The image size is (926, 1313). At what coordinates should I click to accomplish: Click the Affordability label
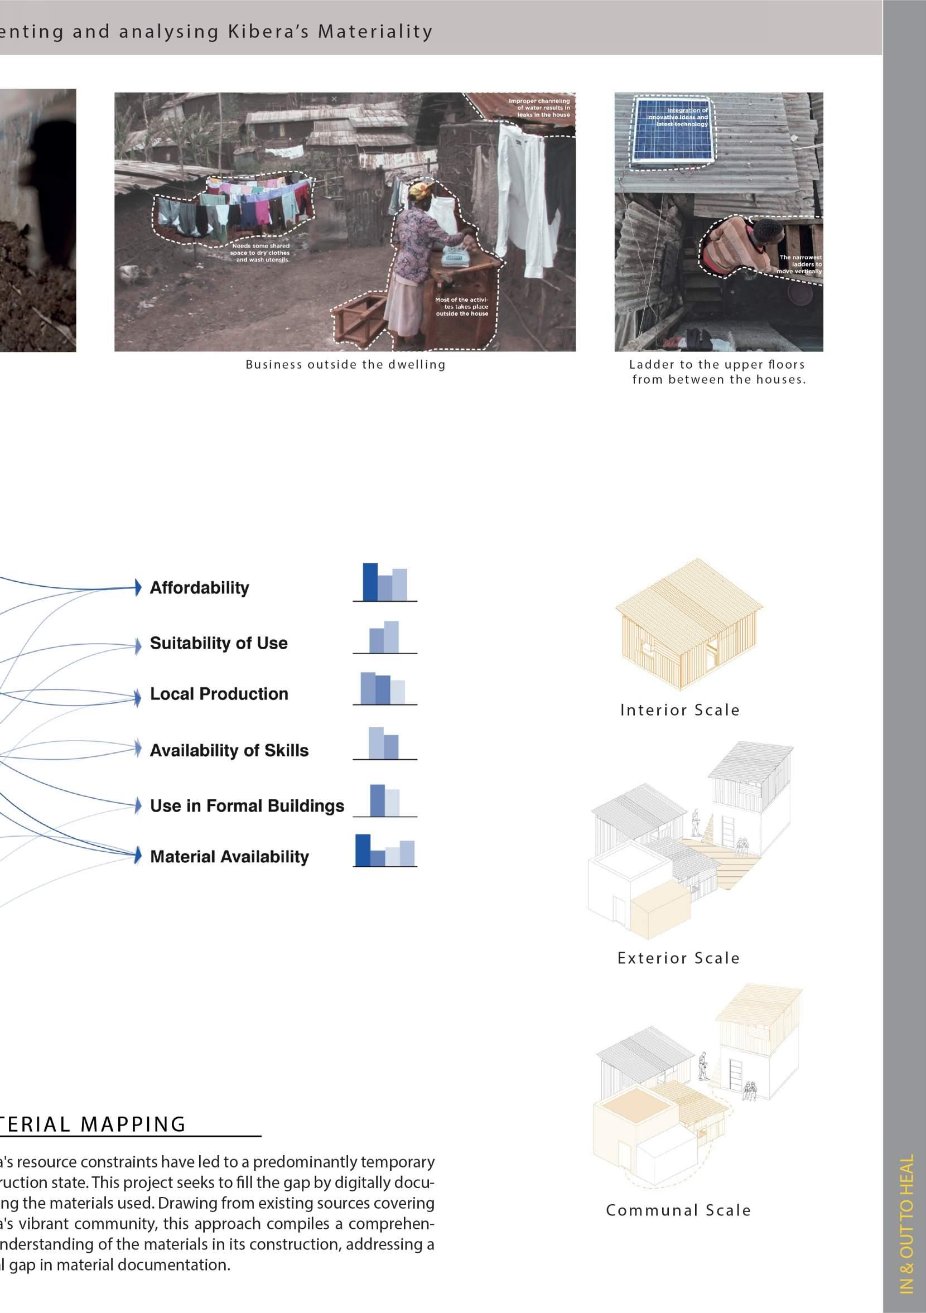tap(199, 588)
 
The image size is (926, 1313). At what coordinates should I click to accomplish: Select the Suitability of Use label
tap(219, 643)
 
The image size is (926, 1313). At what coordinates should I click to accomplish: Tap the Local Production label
tap(219, 694)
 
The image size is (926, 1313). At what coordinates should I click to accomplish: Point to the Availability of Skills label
tap(229, 750)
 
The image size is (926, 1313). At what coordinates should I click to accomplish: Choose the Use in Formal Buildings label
tap(247, 806)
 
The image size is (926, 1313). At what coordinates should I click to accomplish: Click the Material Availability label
tap(229, 857)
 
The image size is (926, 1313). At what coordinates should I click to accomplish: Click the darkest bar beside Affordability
tap(370, 582)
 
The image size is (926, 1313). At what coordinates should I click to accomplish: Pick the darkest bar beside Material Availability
tap(363, 851)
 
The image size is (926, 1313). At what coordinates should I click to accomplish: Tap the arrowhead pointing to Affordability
tap(138, 587)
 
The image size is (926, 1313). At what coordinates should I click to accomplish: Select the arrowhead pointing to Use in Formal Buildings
tap(138, 805)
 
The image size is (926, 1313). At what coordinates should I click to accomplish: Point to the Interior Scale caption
tap(680, 710)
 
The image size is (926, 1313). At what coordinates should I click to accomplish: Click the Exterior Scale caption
tap(678, 958)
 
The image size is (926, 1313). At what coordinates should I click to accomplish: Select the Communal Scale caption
tap(678, 1210)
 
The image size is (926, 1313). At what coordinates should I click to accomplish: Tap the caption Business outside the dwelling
tap(345, 365)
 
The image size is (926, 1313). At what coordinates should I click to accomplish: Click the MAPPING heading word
tap(133, 1124)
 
